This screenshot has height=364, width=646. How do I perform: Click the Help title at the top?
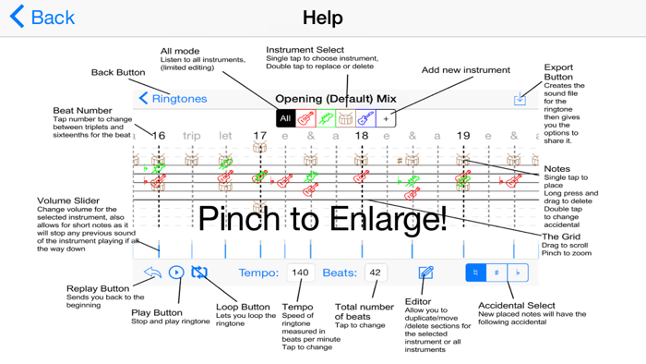pos(322,18)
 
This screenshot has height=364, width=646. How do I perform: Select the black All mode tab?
pos(285,118)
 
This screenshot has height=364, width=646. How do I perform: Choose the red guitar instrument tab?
pos(305,118)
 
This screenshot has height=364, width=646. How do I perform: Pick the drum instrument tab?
pos(345,118)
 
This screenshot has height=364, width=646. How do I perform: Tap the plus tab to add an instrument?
pos(386,118)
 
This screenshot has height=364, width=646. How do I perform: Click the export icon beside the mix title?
pos(520,99)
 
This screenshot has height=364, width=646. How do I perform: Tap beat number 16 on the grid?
pos(159,136)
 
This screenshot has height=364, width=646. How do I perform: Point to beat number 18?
pos(362,136)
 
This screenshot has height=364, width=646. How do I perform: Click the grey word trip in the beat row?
pos(191,136)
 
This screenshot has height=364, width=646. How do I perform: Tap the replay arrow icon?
pos(152,273)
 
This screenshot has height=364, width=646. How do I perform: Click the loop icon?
pos(199,273)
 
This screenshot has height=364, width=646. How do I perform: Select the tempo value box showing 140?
pos(300,273)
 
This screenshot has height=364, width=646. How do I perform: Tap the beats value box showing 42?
pos(375,273)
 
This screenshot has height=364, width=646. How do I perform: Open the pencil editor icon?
pos(425,273)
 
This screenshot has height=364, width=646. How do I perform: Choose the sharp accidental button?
pos(496,273)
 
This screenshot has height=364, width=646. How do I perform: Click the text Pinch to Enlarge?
pos(322,218)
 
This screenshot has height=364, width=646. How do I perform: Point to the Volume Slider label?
pos(68,200)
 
